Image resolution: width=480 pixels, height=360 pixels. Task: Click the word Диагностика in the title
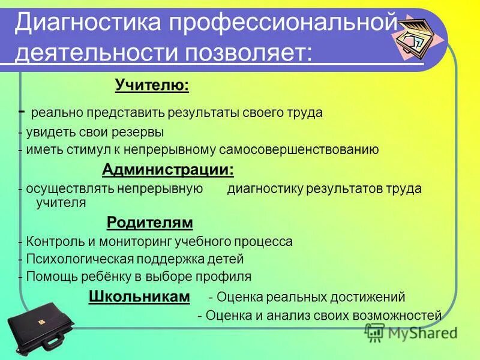tap(89, 24)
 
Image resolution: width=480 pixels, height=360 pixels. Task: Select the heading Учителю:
tap(152, 86)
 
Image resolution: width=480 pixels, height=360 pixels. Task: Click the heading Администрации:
tap(168, 170)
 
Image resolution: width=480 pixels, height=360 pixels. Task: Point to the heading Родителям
tap(150, 223)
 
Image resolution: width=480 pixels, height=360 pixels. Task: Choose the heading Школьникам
tap(140, 296)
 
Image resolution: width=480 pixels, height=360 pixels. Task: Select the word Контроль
tap(46, 242)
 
